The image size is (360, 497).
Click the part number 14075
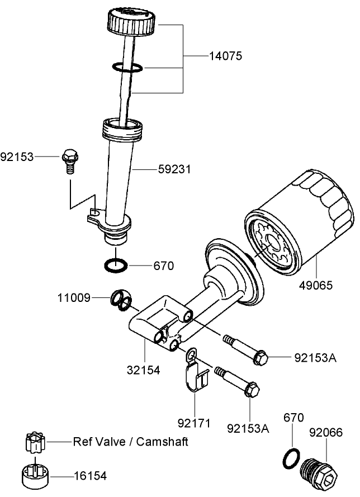coord(226,56)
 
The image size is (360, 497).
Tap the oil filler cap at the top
coord(130,20)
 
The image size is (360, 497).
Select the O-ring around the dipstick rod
coord(127,68)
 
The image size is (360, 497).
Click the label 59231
coord(173,168)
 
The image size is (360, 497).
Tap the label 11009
coord(73,298)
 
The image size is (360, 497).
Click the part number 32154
coord(144,370)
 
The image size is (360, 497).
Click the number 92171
coord(194,423)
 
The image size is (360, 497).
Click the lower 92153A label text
coord(248,429)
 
